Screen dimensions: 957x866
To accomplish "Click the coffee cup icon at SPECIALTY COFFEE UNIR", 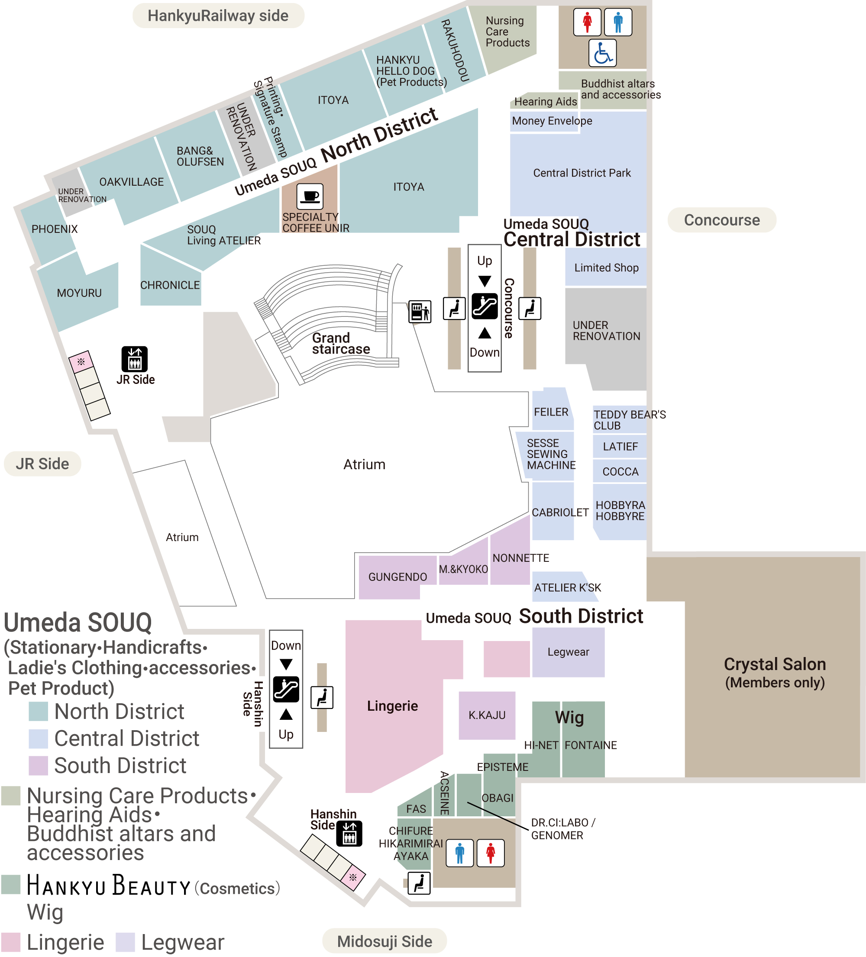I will (x=310, y=196).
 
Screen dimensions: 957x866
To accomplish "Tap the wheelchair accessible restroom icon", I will (x=602, y=53).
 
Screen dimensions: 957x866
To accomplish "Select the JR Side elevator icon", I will (x=134, y=359).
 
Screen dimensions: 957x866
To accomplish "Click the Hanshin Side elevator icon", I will (x=349, y=834).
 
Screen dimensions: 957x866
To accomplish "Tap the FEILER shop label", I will (x=551, y=412).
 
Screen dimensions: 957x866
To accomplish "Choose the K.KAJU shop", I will (x=487, y=715).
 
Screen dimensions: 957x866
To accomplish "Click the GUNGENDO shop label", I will (x=397, y=577).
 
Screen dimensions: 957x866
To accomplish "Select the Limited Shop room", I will (x=606, y=268).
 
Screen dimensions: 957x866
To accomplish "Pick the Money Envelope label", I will (x=552, y=121).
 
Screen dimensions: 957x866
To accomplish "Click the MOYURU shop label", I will (x=79, y=293).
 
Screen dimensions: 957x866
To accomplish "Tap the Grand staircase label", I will (x=340, y=344).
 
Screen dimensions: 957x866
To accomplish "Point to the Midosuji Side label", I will (x=385, y=941).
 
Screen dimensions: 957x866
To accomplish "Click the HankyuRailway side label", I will (x=218, y=16).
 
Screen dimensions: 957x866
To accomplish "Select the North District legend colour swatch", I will (x=38, y=711).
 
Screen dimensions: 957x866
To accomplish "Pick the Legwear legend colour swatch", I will (x=125, y=942).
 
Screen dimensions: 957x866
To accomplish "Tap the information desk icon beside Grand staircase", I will (x=420, y=312).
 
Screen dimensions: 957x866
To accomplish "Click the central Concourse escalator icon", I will (x=484, y=306).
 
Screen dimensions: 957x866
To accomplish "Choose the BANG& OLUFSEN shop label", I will (x=200, y=156).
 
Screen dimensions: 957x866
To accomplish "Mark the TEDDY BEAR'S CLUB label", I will (x=629, y=420).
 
